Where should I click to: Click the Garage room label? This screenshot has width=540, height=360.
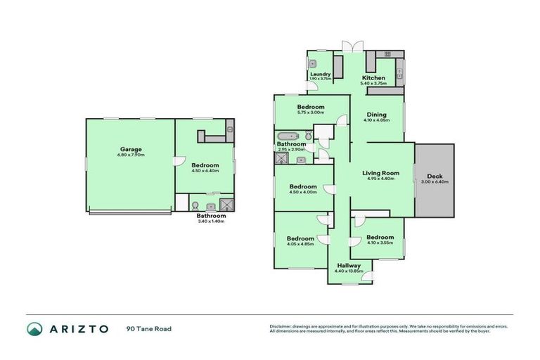tap(130, 149)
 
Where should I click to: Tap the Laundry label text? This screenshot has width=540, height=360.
tap(319, 72)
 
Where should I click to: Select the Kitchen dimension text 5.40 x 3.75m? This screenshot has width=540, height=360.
tap(373, 84)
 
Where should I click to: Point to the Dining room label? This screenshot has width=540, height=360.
tap(376, 115)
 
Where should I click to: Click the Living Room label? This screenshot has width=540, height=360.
tap(380, 172)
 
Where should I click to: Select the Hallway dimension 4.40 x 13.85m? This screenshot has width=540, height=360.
tap(349, 271)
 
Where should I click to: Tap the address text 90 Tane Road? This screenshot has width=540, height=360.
tap(149, 328)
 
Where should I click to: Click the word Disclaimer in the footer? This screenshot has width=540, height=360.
tap(281, 326)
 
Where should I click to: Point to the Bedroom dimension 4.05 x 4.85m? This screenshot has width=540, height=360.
tap(300, 245)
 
